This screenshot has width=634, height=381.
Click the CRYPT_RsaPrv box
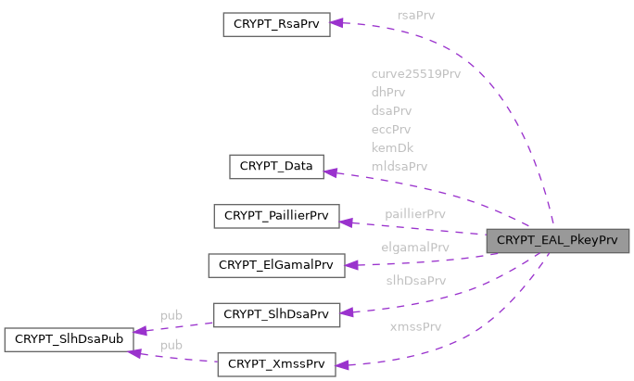tap(276, 24)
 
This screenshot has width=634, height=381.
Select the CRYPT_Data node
tap(276, 167)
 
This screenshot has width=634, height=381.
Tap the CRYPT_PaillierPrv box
tap(276, 216)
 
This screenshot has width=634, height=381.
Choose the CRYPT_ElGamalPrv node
tap(276, 265)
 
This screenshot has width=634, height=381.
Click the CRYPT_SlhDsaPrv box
tap(276, 314)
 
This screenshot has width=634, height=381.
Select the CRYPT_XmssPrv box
tap(276, 363)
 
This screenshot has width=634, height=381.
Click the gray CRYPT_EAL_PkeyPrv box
tap(557, 240)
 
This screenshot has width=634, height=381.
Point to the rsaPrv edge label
tap(416, 15)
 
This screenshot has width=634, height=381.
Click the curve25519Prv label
tap(415, 73)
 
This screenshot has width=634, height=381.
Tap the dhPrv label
tap(388, 92)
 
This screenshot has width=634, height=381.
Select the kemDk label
tap(392, 147)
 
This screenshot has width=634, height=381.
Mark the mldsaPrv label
tap(399, 166)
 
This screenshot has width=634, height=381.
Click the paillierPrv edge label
tap(415, 213)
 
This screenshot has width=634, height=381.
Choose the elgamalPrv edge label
tap(415, 248)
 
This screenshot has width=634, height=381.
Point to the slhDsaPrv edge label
tap(416, 280)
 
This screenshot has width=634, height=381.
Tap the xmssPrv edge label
tap(415, 326)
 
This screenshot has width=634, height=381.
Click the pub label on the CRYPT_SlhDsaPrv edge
tap(171, 315)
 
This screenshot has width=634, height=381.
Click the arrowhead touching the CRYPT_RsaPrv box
tap(338, 23)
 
